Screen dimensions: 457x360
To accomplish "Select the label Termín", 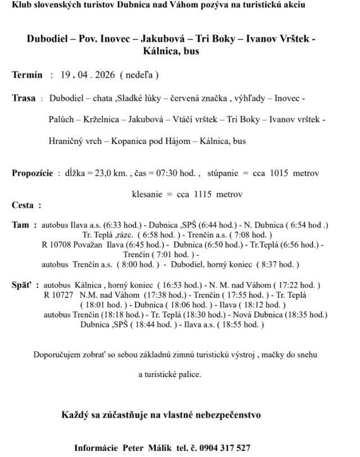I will [x=26, y=74].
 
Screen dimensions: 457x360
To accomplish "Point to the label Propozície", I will [x=33, y=173].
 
